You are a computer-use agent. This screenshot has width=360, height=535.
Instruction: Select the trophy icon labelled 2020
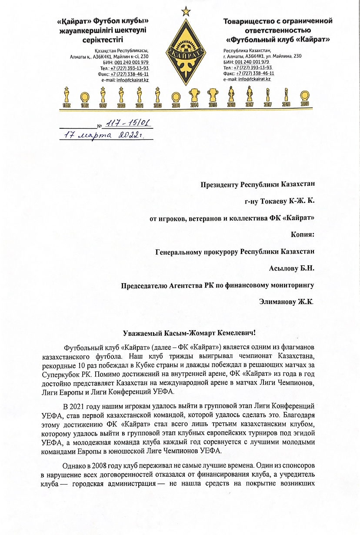coord(305,97)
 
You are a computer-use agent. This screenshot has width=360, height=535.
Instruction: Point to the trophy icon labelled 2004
coord(175,97)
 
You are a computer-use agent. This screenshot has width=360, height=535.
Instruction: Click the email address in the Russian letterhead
coord(254,79)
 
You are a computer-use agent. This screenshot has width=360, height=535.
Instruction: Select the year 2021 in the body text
coord(82,407)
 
